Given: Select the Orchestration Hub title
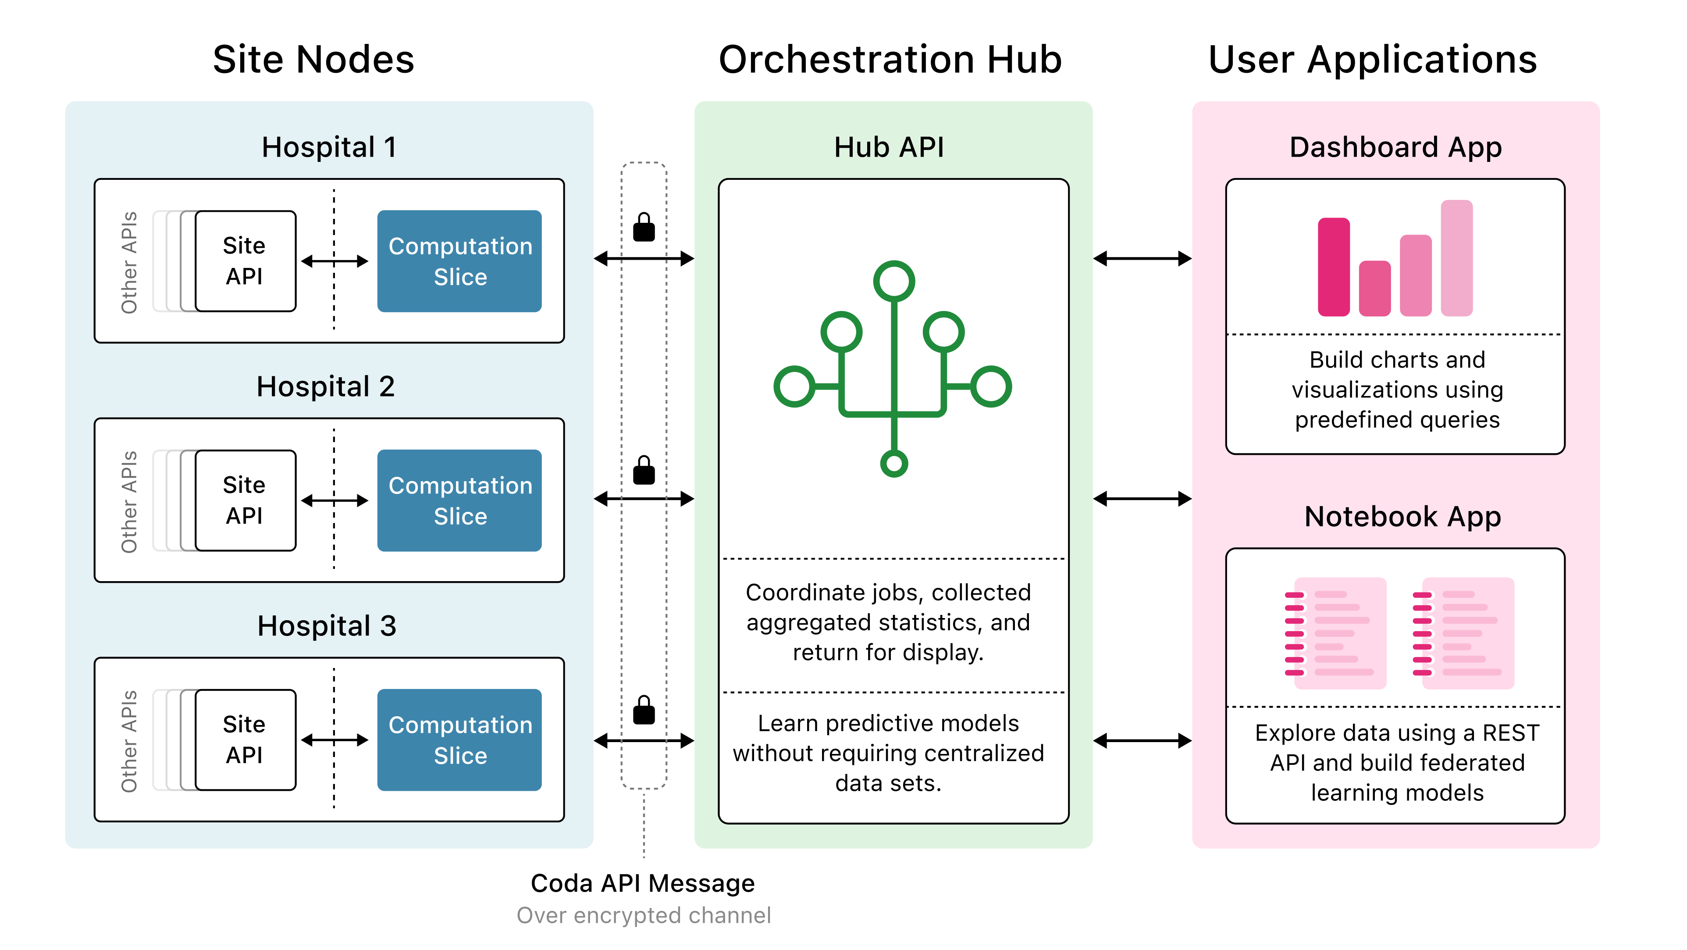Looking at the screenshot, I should (890, 60).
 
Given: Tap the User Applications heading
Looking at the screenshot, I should (1372, 60).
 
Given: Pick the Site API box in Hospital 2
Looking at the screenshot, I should (245, 500).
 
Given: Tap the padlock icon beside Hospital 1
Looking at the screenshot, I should (643, 228).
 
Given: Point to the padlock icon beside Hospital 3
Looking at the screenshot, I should (643, 711).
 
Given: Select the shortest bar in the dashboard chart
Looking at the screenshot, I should (1374, 288).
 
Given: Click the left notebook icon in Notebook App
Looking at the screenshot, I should (1336, 633).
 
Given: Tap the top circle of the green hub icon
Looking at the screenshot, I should (893, 281).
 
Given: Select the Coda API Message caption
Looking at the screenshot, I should (642, 883).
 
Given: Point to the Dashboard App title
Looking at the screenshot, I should (1395, 147).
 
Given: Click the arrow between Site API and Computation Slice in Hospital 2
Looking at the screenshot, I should (334, 500).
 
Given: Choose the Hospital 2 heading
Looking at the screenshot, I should (325, 386).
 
